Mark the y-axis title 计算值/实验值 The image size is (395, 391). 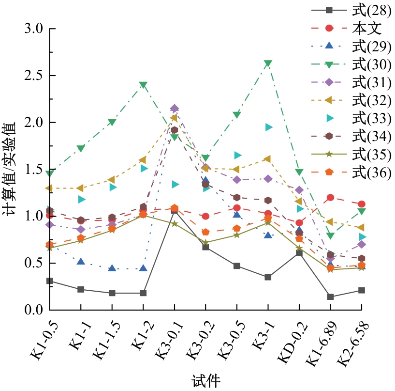point(11,169)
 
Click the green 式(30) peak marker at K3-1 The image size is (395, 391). point(268,63)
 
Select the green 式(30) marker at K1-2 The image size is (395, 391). point(143,85)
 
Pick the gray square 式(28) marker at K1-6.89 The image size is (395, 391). point(330,297)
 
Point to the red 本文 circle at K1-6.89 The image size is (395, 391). point(330,198)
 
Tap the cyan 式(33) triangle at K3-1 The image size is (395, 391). point(268,127)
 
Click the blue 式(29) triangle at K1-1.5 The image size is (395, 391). point(112,268)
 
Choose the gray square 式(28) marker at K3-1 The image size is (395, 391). point(268,277)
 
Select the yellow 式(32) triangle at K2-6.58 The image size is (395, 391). point(361,228)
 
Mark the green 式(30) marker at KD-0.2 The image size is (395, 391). point(299,172)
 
